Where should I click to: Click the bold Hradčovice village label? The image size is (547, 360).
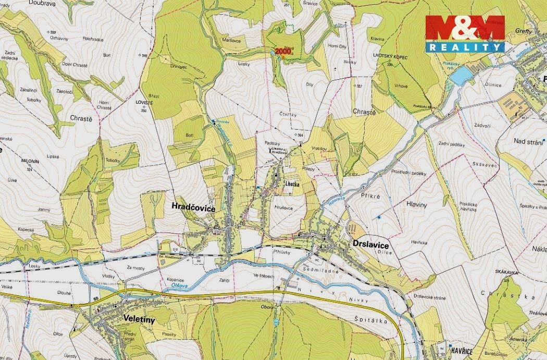point(193,207)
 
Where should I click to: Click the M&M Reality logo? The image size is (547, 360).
point(465,33)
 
